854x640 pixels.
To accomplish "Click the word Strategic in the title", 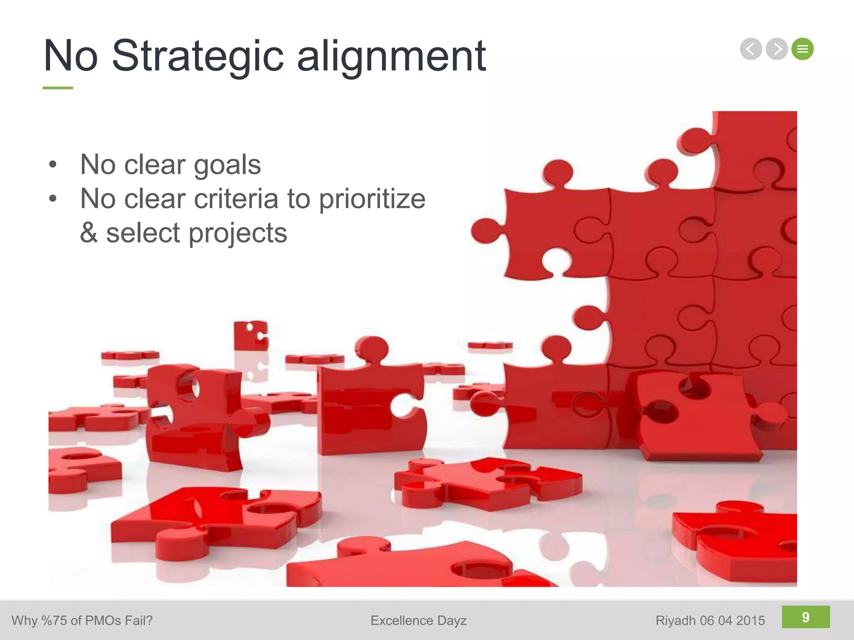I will tap(198, 56).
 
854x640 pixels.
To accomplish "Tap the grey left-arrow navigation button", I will tap(751, 49).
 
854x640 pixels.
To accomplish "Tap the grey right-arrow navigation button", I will tap(777, 49).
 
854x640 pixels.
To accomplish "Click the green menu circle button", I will tap(803, 49).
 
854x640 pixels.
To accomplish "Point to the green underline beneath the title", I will tap(58, 88).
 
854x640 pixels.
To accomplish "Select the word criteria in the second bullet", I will tap(236, 199).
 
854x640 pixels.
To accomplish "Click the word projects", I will tap(238, 233).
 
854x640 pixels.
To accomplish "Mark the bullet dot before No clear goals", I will tap(53, 165).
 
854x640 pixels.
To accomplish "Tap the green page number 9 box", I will tap(806, 617).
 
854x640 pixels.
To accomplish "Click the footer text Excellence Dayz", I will tap(418, 620).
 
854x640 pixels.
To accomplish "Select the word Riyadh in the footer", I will tap(676, 621).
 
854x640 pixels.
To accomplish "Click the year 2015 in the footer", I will tap(751, 620).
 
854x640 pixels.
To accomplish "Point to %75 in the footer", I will tap(54, 620).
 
